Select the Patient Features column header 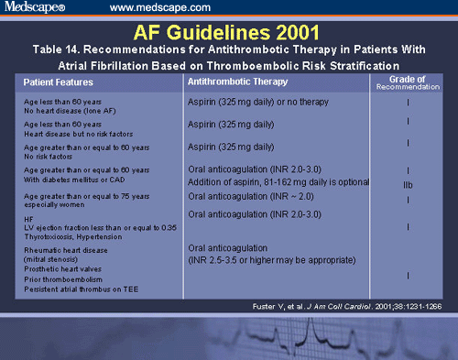click(x=57, y=82)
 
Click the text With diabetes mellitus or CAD click(x=75, y=180)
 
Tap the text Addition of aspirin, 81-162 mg click(x=243, y=184)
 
